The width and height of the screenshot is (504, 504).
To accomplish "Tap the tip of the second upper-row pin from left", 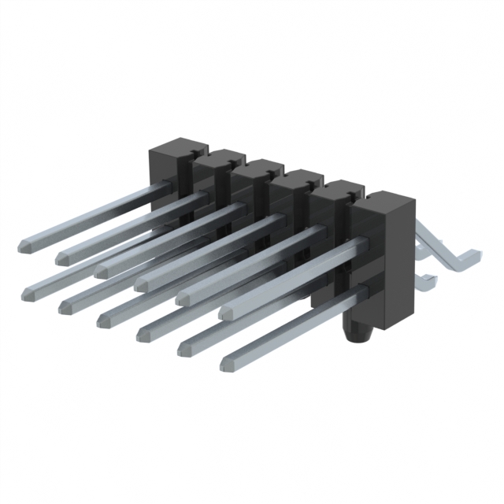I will [62, 256].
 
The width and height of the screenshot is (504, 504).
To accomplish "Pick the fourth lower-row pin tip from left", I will [143, 333].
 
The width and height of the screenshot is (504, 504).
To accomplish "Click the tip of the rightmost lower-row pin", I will [228, 363].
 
